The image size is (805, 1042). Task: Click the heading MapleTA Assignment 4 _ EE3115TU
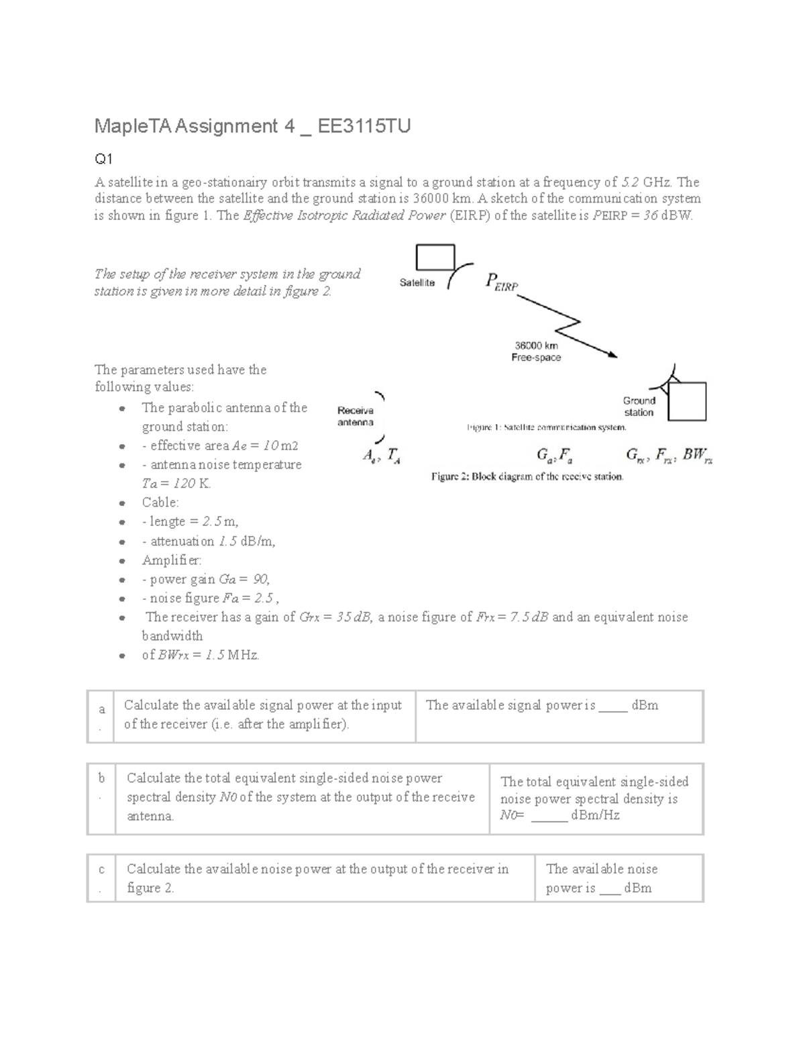[252, 126]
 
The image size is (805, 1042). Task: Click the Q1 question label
[103, 159]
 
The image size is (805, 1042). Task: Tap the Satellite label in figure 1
[417, 282]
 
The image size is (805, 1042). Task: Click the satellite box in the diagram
[435, 256]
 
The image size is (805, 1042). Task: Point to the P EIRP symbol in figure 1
[501, 282]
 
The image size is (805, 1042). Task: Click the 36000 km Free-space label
[536, 351]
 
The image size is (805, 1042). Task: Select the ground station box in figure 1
[687, 401]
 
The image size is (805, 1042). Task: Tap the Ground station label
[639, 406]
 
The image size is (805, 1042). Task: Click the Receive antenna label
[356, 416]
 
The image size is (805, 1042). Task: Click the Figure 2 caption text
[527, 477]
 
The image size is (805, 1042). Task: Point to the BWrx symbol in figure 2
[697, 456]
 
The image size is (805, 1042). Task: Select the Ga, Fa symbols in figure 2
[554, 456]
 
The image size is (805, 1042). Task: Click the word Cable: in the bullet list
[160, 503]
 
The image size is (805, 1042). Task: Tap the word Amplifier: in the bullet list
[172, 560]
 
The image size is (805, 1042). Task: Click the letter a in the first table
[102, 709]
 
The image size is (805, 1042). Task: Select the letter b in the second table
[102, 778]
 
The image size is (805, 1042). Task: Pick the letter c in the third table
[101, 870]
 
